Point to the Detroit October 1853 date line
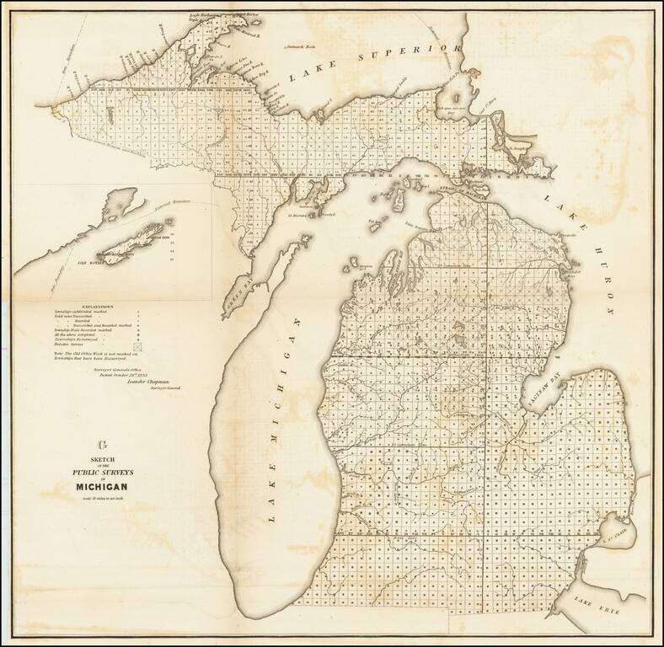[133, 372]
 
